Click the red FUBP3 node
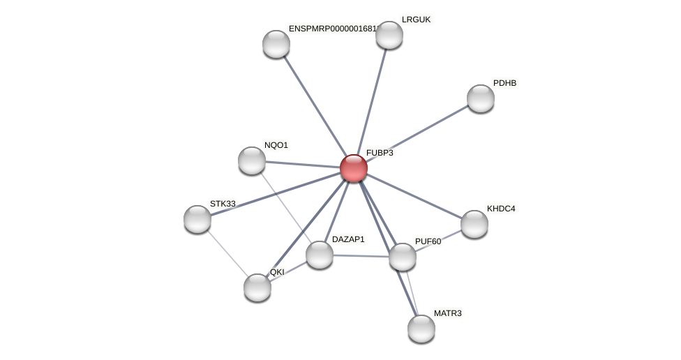click(354, 168)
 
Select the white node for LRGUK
click(389, 35)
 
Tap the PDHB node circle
click(481, 98)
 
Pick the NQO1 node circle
click(252, 160)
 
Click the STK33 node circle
click(197, 219)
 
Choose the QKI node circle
click(257, 287)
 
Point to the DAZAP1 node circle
click(320, 255)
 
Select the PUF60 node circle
click(403, 257)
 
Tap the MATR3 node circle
click(421, 329)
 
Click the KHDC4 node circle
click(474, 224)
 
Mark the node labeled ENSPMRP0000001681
click(276, 44)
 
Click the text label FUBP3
click(380, 153)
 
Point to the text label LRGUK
click(417, 20)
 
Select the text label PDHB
click(504, 83)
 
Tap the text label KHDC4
click(501, 209)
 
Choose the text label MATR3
click(447, 313)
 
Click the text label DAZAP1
click(348, 239)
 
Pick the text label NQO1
click(276, 145)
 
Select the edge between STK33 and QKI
click(227, 253)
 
